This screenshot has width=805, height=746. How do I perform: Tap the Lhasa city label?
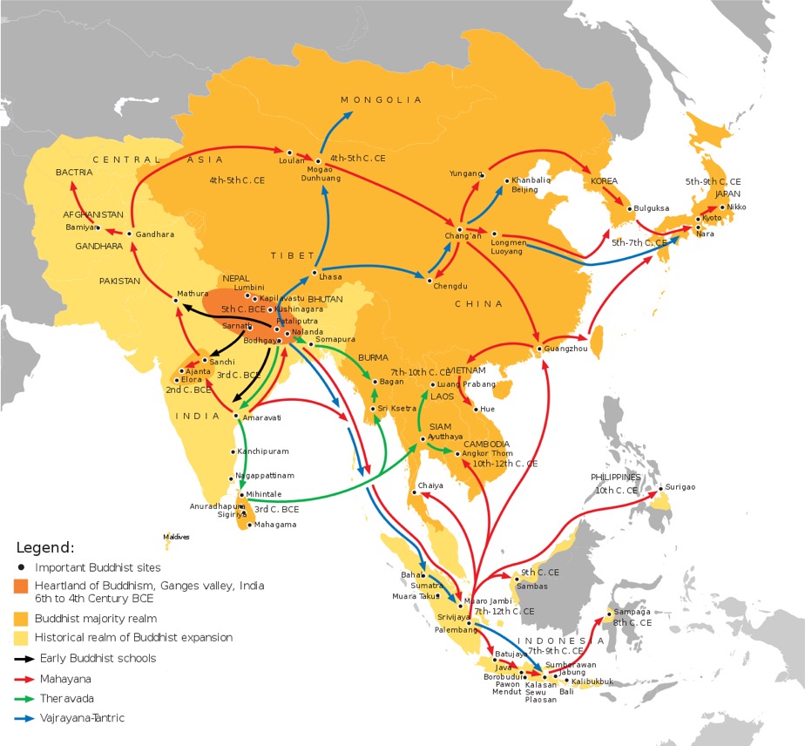pyautogui.click(x=330, y=276)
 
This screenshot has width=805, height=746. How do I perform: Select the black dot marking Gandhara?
pyautogui.click(x=129, y=234)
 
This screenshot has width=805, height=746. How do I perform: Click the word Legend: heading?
pyautogui.click(x=45, y=547)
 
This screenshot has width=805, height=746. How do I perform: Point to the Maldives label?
pyautogui.click(x=176, y=537)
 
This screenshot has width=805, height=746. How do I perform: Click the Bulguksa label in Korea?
pyautogui.click(x=653, y=209)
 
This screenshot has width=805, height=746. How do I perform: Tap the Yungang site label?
pyautogui.click(x=464, y=173)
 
